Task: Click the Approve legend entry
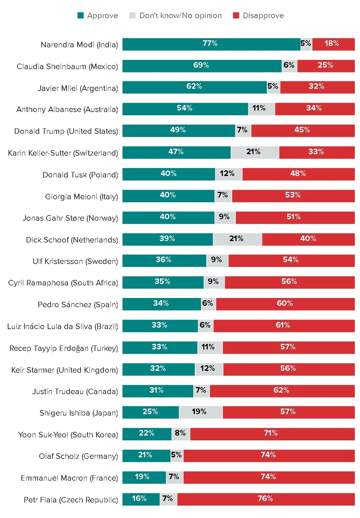[x=98, y=16]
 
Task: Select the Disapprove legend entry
[x=258, y=16]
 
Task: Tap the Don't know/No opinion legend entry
[x=176, y=16]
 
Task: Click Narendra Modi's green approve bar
[x=211, y=44]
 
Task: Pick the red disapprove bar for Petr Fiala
[x=266, y=499]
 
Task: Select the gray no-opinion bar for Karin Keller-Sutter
[x=255, y=152]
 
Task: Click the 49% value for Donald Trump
[x=178, y=130]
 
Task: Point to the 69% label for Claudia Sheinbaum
[x=201, y=65]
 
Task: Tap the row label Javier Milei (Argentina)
[x=78, y=88]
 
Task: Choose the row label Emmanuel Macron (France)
[x=69, y=478]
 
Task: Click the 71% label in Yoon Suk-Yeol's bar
[x=271, y=433]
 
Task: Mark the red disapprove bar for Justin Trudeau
[x=282, y=390]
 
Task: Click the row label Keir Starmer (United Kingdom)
[x=64, y=370]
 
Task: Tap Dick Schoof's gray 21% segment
[x=237, y=239]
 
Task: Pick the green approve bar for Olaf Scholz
[x=146, y=456]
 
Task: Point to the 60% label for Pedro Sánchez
[x=285, y=304]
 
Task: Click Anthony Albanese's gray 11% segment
[x=261, y=109]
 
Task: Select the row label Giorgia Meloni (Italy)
[x=81, y=197]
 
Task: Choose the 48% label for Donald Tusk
[x=298, y=174]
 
